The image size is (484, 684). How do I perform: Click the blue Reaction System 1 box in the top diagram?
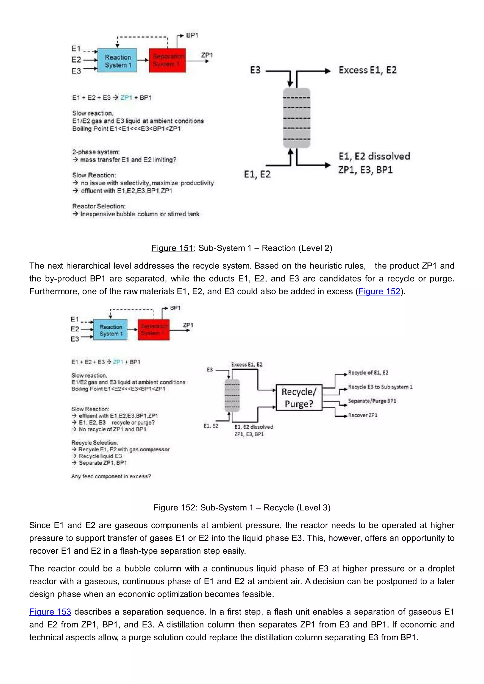click(x=117, y=60)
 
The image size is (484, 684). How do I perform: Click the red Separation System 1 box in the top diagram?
click(x=167, y=60)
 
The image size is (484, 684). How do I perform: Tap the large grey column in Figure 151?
click(x=297, y=118)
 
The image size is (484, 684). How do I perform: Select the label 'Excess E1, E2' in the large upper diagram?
click(x=367, y=70)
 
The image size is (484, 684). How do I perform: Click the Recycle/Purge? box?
click(x=299, y=398)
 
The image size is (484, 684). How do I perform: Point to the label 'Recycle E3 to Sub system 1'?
click(x=380, y=387)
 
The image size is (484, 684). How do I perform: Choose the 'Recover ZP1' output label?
click(x=363, y=415)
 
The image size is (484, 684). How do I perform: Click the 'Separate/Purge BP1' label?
click(x=372, y=401)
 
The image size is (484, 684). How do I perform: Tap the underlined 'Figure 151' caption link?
click(x=172, y=248)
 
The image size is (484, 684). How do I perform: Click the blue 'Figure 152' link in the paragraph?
click(x=379, y=291)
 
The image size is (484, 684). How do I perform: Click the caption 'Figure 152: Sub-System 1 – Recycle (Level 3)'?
click(x=242, y=508)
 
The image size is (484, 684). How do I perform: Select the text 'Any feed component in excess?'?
click(x=111, y=476)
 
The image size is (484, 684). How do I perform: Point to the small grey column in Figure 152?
click(x=232, y=395)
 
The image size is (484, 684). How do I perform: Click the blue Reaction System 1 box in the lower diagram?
click(x=110, y=330)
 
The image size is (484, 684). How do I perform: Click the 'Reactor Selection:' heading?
click(x=99, y=206)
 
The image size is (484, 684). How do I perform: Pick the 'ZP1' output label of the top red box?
click(x=207, y=55)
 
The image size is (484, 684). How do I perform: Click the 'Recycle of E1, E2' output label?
click(x=368, y=373)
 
